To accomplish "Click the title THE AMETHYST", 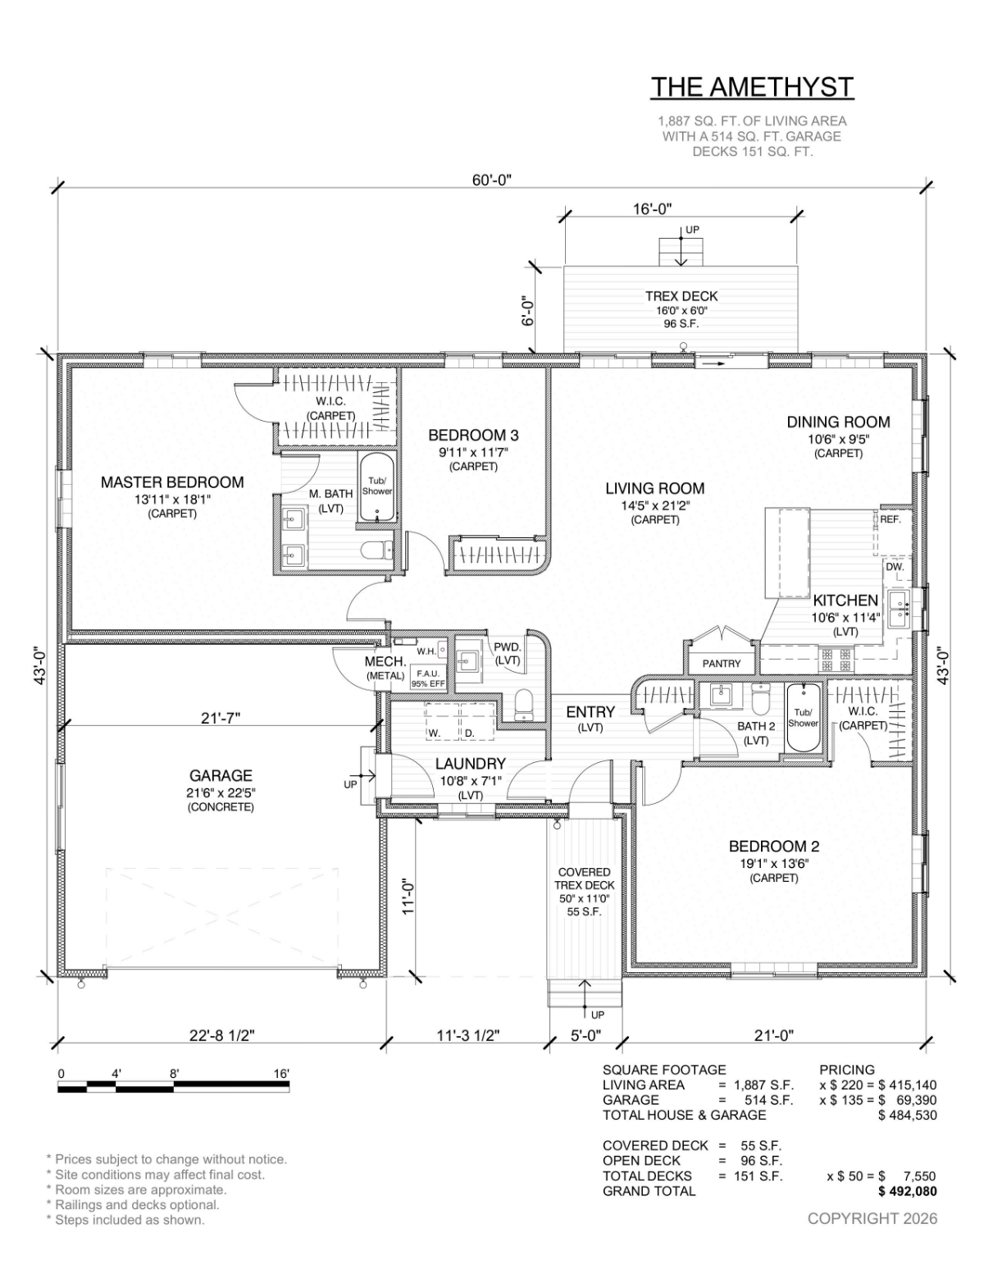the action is (x=752, y=87).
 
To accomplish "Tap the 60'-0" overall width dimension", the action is (x=492, y=180).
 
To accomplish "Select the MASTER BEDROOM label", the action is (x=172, y=482).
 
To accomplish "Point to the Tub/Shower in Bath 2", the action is (x=802, y=718).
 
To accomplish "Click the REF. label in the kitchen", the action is (x=891, y=519).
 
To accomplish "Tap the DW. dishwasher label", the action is (x=895, y=568).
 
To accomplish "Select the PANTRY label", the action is (x=722, y=664).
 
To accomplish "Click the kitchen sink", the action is (x=899, y=610).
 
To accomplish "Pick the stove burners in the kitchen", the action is (x=837, y=660).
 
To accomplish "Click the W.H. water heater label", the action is (x=426, y=651).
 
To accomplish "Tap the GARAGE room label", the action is (x=221, y=776).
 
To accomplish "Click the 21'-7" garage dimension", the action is (x=221, y=717).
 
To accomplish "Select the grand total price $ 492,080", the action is (x=907, y=1191).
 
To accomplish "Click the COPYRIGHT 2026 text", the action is (x=872, y=1218).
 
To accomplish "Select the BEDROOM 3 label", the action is (x=473, y=436).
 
